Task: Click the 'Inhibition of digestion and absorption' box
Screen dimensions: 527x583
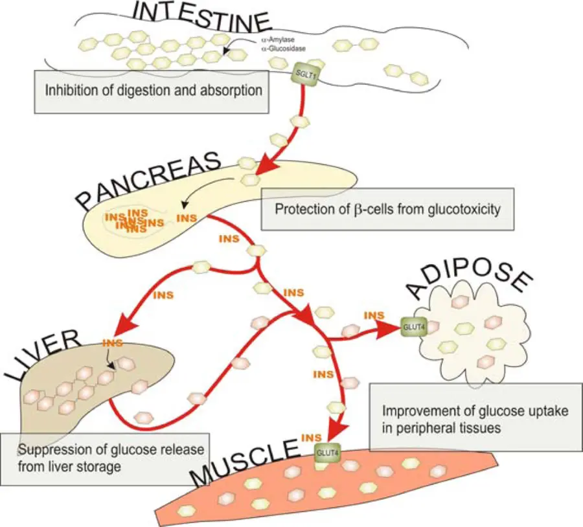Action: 152,91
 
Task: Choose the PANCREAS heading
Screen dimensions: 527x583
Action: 149,181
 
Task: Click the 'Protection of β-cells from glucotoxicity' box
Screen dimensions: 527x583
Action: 387,209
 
